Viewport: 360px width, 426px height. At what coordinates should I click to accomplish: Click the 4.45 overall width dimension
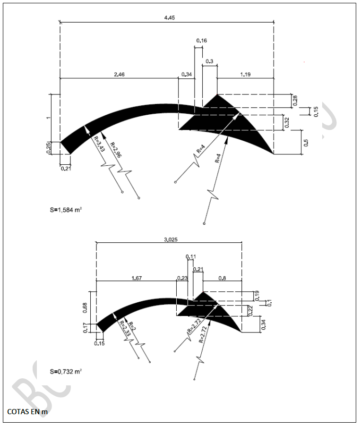point(168,18)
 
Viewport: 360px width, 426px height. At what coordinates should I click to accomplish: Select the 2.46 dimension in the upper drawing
point(119,74)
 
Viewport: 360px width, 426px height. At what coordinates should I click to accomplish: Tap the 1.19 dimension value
point(245,74)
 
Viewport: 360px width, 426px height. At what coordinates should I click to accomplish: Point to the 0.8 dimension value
point(222,278)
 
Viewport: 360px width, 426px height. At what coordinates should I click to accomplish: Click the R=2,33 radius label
point(124,328)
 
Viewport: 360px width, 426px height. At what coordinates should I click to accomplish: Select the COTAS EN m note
point(27,412)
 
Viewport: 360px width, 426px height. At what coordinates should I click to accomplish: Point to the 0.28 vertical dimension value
point(295,101)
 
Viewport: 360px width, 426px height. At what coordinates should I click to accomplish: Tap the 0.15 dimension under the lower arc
point(99,343)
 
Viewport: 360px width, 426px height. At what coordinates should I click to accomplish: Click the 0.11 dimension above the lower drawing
point(191,256)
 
